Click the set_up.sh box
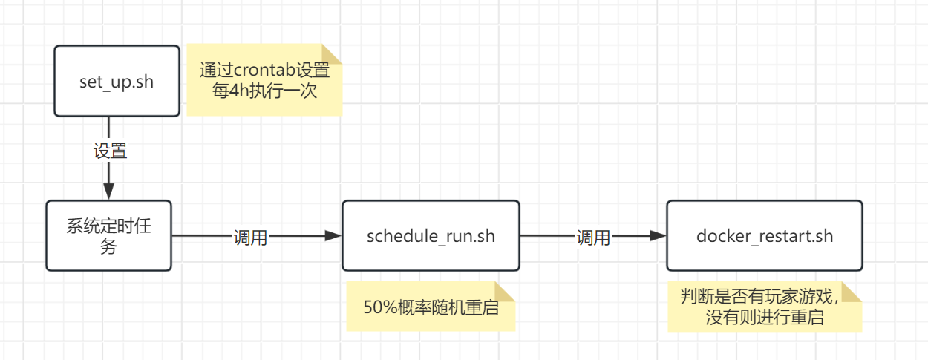[x=117, y=81]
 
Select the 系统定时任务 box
[x=108, y=236]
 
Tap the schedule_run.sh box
[x=431, y=236]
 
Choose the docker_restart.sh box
[x=764, y=236]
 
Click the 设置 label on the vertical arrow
[x=110, y=151]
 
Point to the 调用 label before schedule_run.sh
[x=250, y=238]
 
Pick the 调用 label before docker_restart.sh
[x=593, y=238]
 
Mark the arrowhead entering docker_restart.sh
[x=658, y=236]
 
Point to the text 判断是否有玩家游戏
[x=757, y=297]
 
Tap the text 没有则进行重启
[x=765, y=318]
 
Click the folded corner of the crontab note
[x=332, y=55]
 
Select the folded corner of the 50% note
[x=505, y=292]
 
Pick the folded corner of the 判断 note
[x=852, y=292]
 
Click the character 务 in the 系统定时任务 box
[x=108, y=247]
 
